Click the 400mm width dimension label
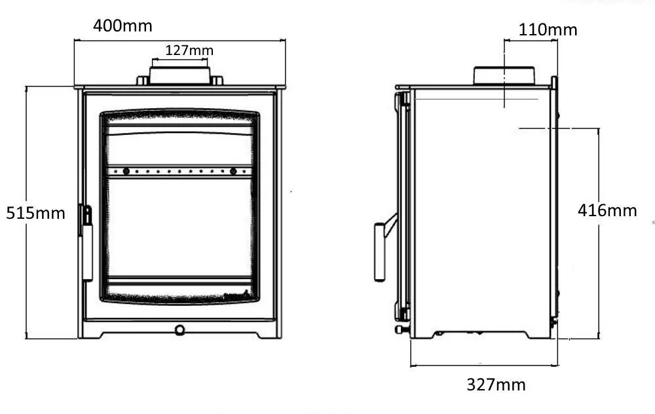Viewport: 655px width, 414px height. [122, 26]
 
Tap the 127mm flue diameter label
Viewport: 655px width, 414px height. [189, 50]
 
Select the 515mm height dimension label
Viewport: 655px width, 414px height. [35, 213]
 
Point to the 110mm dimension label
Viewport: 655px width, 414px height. [548, 29]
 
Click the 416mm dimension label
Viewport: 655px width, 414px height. [607, 210]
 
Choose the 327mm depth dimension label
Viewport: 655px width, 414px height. [496, 385]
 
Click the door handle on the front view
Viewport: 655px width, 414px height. [86, 243]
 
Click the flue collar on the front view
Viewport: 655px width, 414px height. [179, 76]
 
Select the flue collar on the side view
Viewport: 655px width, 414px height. [504, 76]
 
